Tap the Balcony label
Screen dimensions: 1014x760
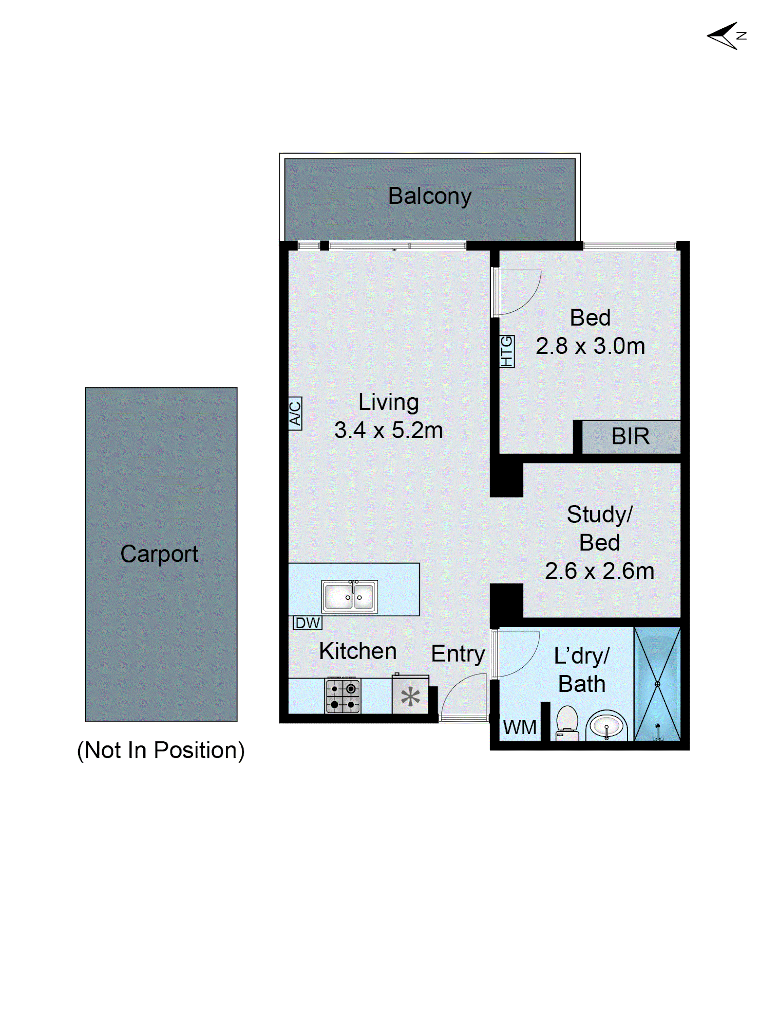pos(430,196)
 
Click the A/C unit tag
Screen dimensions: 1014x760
pos(295,413)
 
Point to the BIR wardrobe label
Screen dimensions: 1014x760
pos(630,436)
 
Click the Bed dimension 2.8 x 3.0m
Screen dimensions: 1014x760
pos(590,346)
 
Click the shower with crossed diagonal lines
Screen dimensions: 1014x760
pos(657,684)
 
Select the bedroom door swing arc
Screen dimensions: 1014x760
pos(522,293)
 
